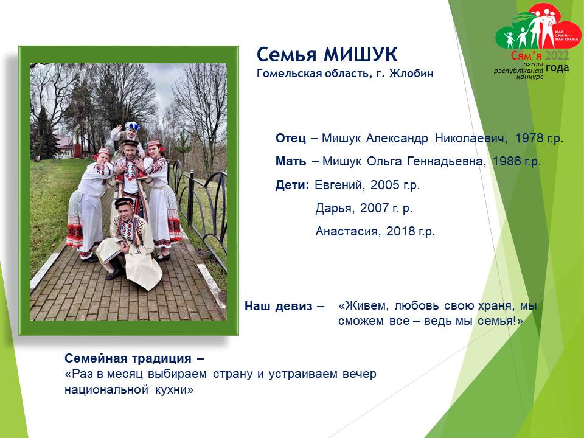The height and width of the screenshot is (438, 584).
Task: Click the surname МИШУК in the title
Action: click(360, 55)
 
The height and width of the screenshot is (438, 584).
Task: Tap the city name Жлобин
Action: click(411, 74)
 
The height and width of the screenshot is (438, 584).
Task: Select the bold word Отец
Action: click(291, 138)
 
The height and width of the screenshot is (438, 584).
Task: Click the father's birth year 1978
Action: click(529, 138)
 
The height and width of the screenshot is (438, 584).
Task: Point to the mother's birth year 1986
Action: click(507, 161)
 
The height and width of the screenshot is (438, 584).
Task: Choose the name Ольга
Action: click(384, 161)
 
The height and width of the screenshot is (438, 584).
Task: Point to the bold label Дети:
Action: click(292, 185)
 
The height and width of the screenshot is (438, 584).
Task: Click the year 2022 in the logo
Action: click(557, 56)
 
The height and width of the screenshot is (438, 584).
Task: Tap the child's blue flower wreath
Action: click(132, 126)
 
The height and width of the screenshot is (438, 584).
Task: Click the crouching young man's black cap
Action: click(124, 202)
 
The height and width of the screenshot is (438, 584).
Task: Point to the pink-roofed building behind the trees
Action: click(65, 147)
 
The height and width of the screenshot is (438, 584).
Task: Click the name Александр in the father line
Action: click(397, 138)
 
